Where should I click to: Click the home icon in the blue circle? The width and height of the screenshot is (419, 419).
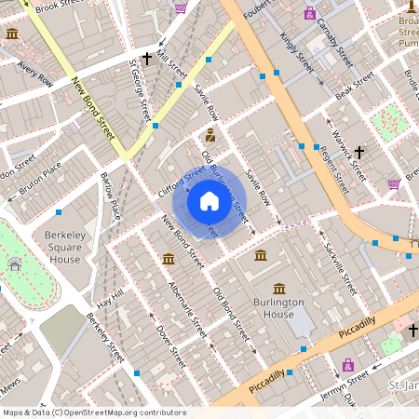point(209,201)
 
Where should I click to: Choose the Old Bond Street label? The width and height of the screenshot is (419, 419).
point(232,314)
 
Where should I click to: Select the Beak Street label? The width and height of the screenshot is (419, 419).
point(354,91)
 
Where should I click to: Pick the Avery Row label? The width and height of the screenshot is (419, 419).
point(35,73)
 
